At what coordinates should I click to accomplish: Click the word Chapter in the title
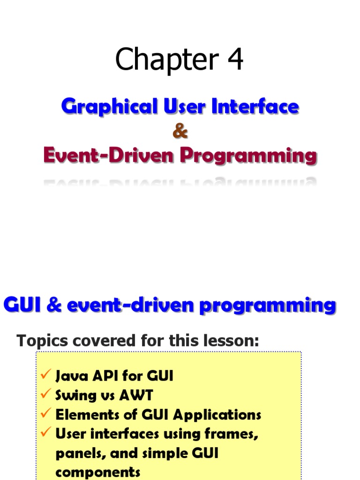(x=167, y=60)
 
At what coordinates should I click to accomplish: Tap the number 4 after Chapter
(x=236, y=59)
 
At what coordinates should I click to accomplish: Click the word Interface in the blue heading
(x=255, y=106)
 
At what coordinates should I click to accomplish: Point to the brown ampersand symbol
(x=180, y=131)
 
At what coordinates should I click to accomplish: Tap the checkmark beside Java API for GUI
(x=45, y=374)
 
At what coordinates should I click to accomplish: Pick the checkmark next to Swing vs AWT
(x=45, y=393)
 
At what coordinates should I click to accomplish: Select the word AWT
(x=136, y=395)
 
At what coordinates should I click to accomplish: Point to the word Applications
(x=217, y=415)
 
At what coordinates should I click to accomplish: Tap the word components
(x=98, y=472)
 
